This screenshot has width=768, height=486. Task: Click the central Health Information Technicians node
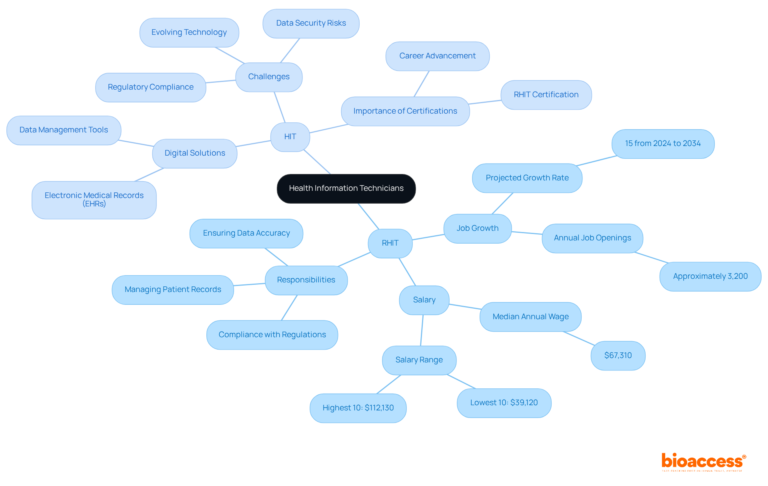[346, 188]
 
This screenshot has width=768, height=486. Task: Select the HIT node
[290, 137]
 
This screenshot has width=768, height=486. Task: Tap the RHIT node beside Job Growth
[390, 243]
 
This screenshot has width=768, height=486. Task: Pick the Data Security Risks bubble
[311, 24]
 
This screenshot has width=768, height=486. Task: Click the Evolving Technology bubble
[189, 32]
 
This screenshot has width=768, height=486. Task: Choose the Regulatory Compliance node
[150, 87]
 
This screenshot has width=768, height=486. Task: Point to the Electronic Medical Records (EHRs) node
[94, 200]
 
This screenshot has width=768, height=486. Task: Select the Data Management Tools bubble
[64, 130]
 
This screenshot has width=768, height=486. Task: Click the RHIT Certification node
[546, 95]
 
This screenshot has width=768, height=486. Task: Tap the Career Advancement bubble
[437, 56]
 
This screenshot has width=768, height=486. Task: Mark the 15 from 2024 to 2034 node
[663, 144]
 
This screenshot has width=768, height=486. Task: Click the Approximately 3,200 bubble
[710, 276]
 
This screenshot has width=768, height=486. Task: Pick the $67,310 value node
[618, 356]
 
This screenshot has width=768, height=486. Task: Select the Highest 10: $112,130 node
[358, 408]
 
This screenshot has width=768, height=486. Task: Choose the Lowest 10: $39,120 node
[504, 403]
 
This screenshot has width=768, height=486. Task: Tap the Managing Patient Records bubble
[173, 290]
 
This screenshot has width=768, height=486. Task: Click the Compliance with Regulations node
[272, 335]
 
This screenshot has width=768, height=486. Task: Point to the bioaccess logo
[703, 461]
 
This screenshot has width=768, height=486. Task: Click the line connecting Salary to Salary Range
[422, 330]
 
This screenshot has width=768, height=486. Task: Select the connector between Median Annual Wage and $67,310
[579, 338]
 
